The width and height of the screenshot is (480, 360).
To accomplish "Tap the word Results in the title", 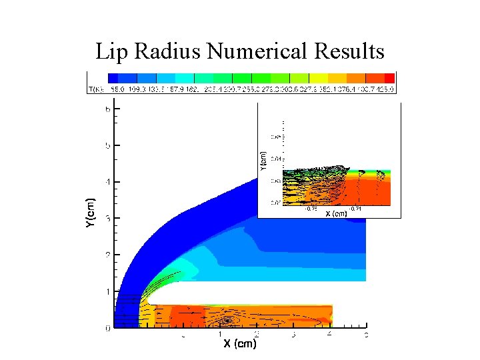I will [350, 51].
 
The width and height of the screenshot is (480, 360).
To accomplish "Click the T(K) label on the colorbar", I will [96, 89].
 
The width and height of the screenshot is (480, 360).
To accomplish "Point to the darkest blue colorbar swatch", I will [113, 78].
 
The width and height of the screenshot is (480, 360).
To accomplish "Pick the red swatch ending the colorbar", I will [390, 78].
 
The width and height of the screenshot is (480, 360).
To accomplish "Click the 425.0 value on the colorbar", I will [387, 89].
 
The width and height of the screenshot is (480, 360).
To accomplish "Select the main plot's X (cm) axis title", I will [240, 344].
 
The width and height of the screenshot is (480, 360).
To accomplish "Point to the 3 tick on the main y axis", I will [107, 219].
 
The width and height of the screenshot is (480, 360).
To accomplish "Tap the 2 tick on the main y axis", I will [107, 255].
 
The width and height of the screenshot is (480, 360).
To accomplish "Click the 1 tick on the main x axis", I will [221, 334].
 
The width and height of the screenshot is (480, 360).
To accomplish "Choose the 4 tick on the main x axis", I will [329, 334].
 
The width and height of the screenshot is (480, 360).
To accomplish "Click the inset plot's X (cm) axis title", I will [337, 213].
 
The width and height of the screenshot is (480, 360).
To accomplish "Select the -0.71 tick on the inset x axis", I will [357, 208].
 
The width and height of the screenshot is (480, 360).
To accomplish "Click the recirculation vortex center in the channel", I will [233, 319].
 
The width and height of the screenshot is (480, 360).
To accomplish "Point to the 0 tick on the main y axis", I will [107, 328].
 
